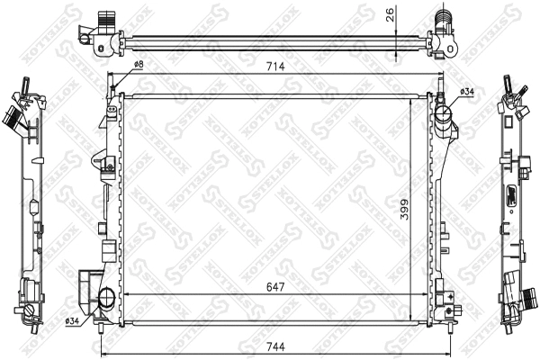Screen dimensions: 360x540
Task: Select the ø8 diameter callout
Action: [x=139, y=65]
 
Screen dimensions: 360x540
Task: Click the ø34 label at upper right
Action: [x=467, y=92]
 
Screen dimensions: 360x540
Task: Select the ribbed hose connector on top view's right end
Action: [x=442, y=18]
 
